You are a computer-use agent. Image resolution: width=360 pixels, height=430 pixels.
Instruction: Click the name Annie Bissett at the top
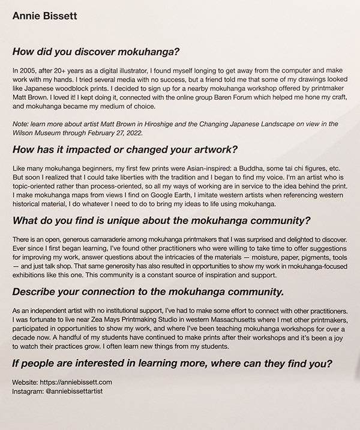point(44,16)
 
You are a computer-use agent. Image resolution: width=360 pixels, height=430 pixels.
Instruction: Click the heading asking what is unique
point(161,222)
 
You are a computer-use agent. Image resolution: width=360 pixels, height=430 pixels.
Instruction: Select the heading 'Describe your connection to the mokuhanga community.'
point(148,292)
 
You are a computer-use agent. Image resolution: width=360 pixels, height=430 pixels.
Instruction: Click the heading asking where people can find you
point(173,365)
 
